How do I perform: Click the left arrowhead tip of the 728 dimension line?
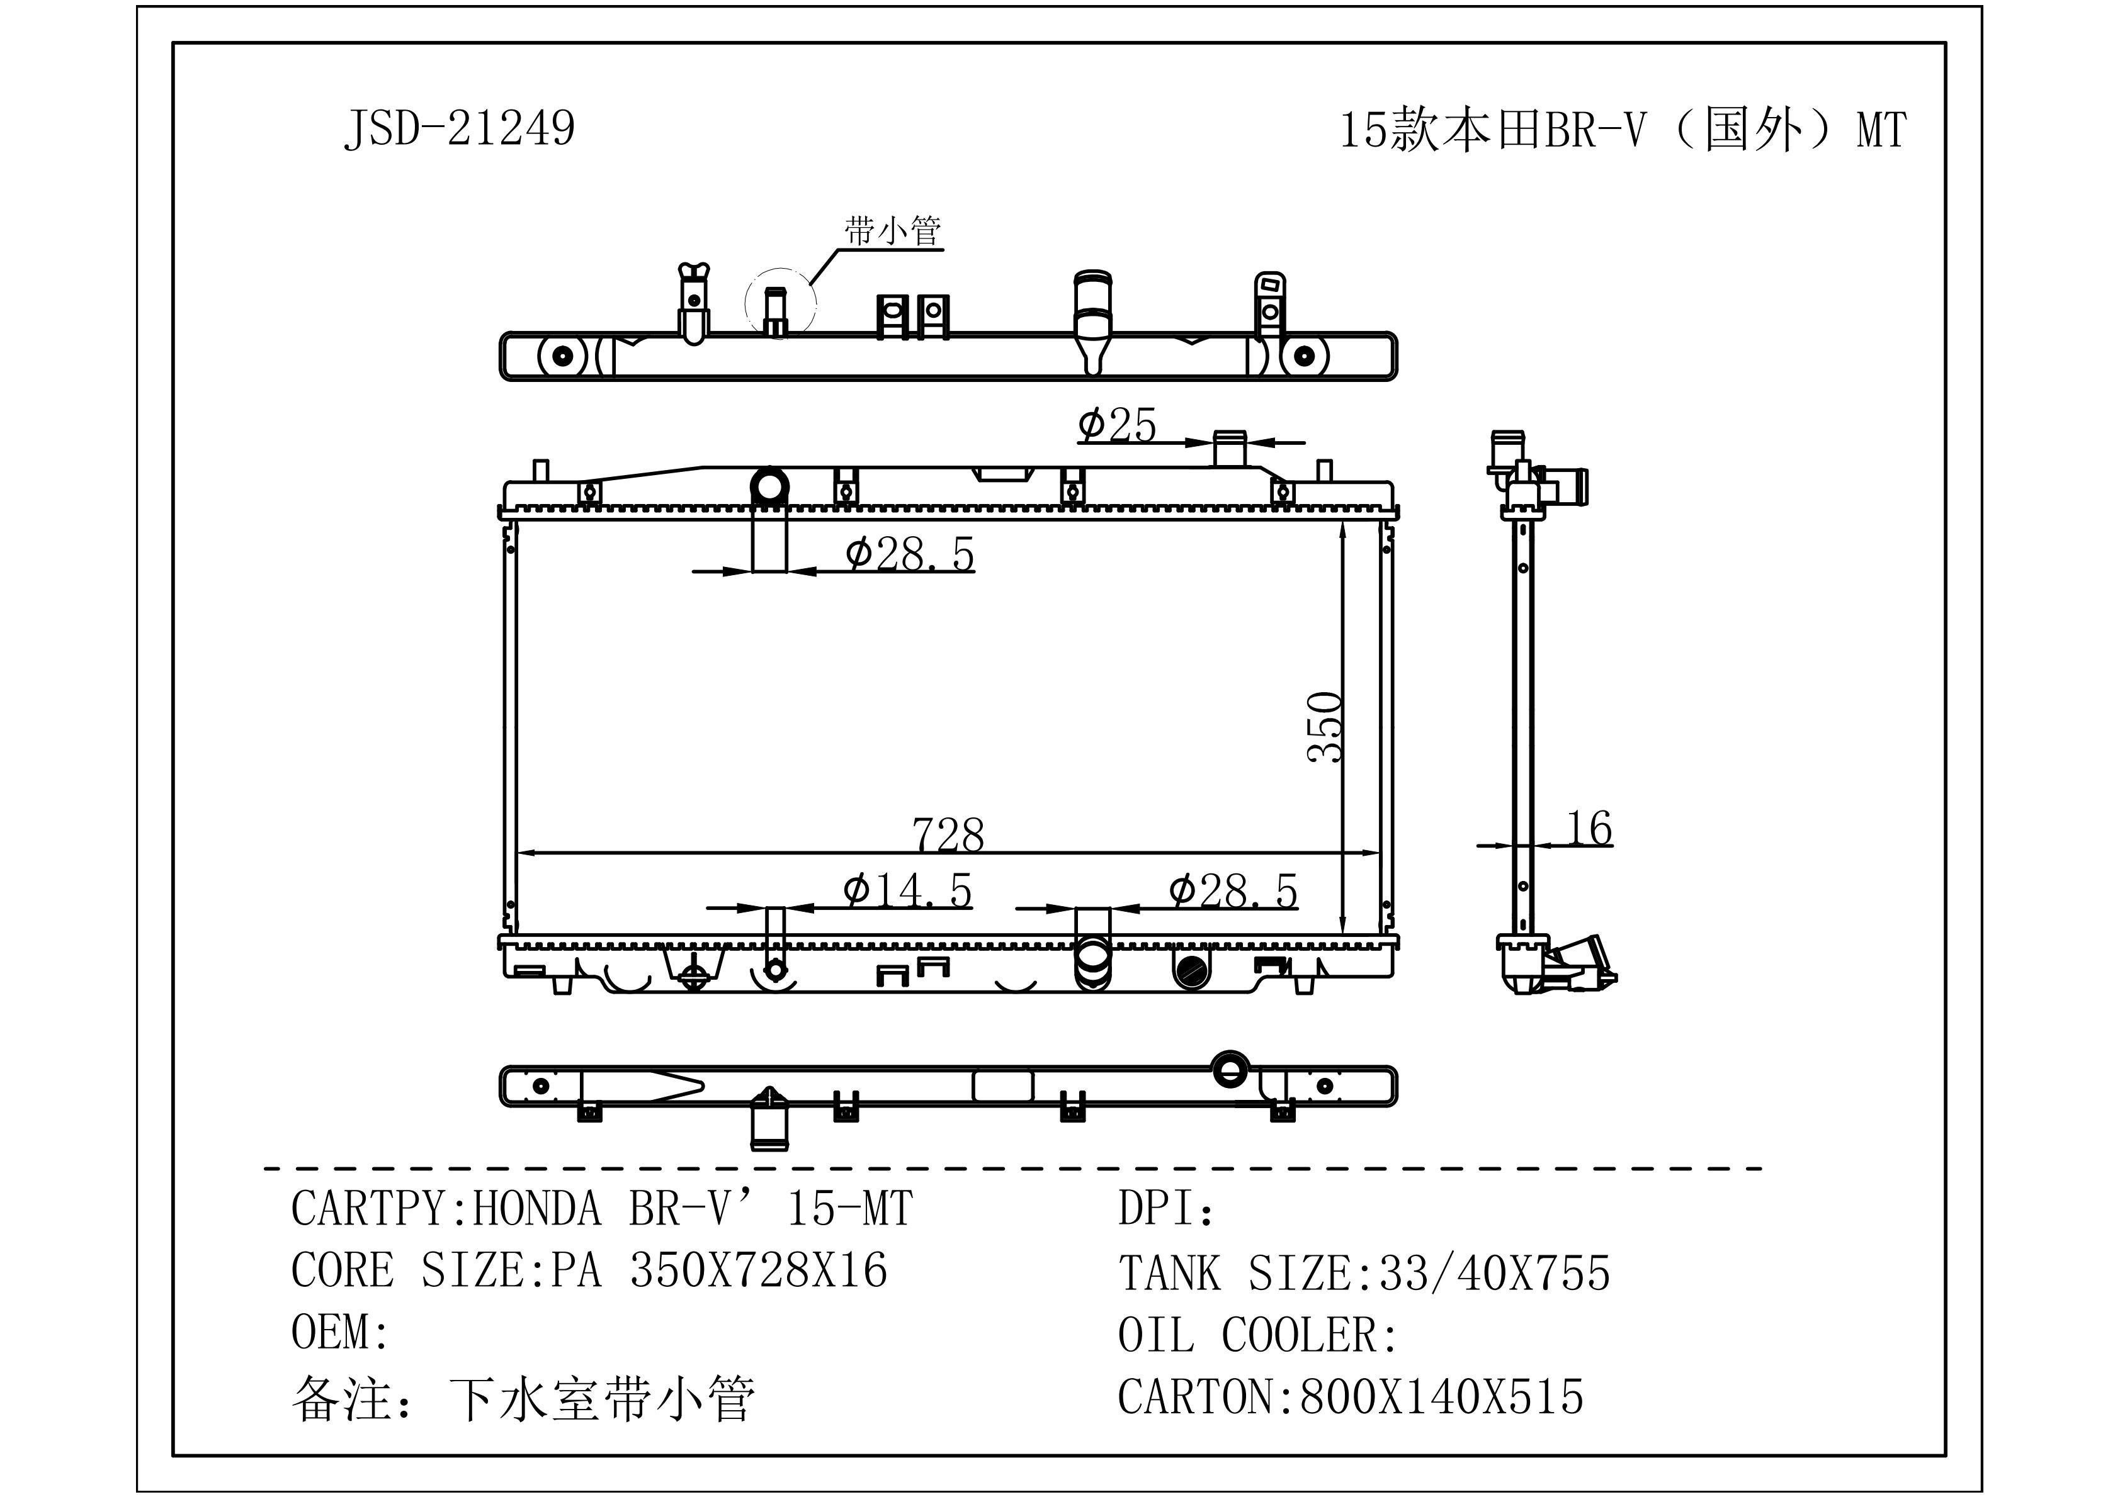click(x=516, y=854)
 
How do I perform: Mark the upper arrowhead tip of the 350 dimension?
click(x=1342, y=520)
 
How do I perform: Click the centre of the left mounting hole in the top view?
click(x=562, y=356)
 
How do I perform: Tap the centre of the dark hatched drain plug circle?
click(x=1191, y=968)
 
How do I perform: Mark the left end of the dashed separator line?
click(x=266, y=1169)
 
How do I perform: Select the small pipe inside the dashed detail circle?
click(x=776, y=311)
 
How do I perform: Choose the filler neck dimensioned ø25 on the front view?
click(x=1229, y=449)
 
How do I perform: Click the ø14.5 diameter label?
click(x=908, y=890)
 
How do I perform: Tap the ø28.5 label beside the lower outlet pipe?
click(x=1233, y=890)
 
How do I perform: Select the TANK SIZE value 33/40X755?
click(x=1495, y=1273)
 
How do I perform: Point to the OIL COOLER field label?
click(x=1257, y=1335)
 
